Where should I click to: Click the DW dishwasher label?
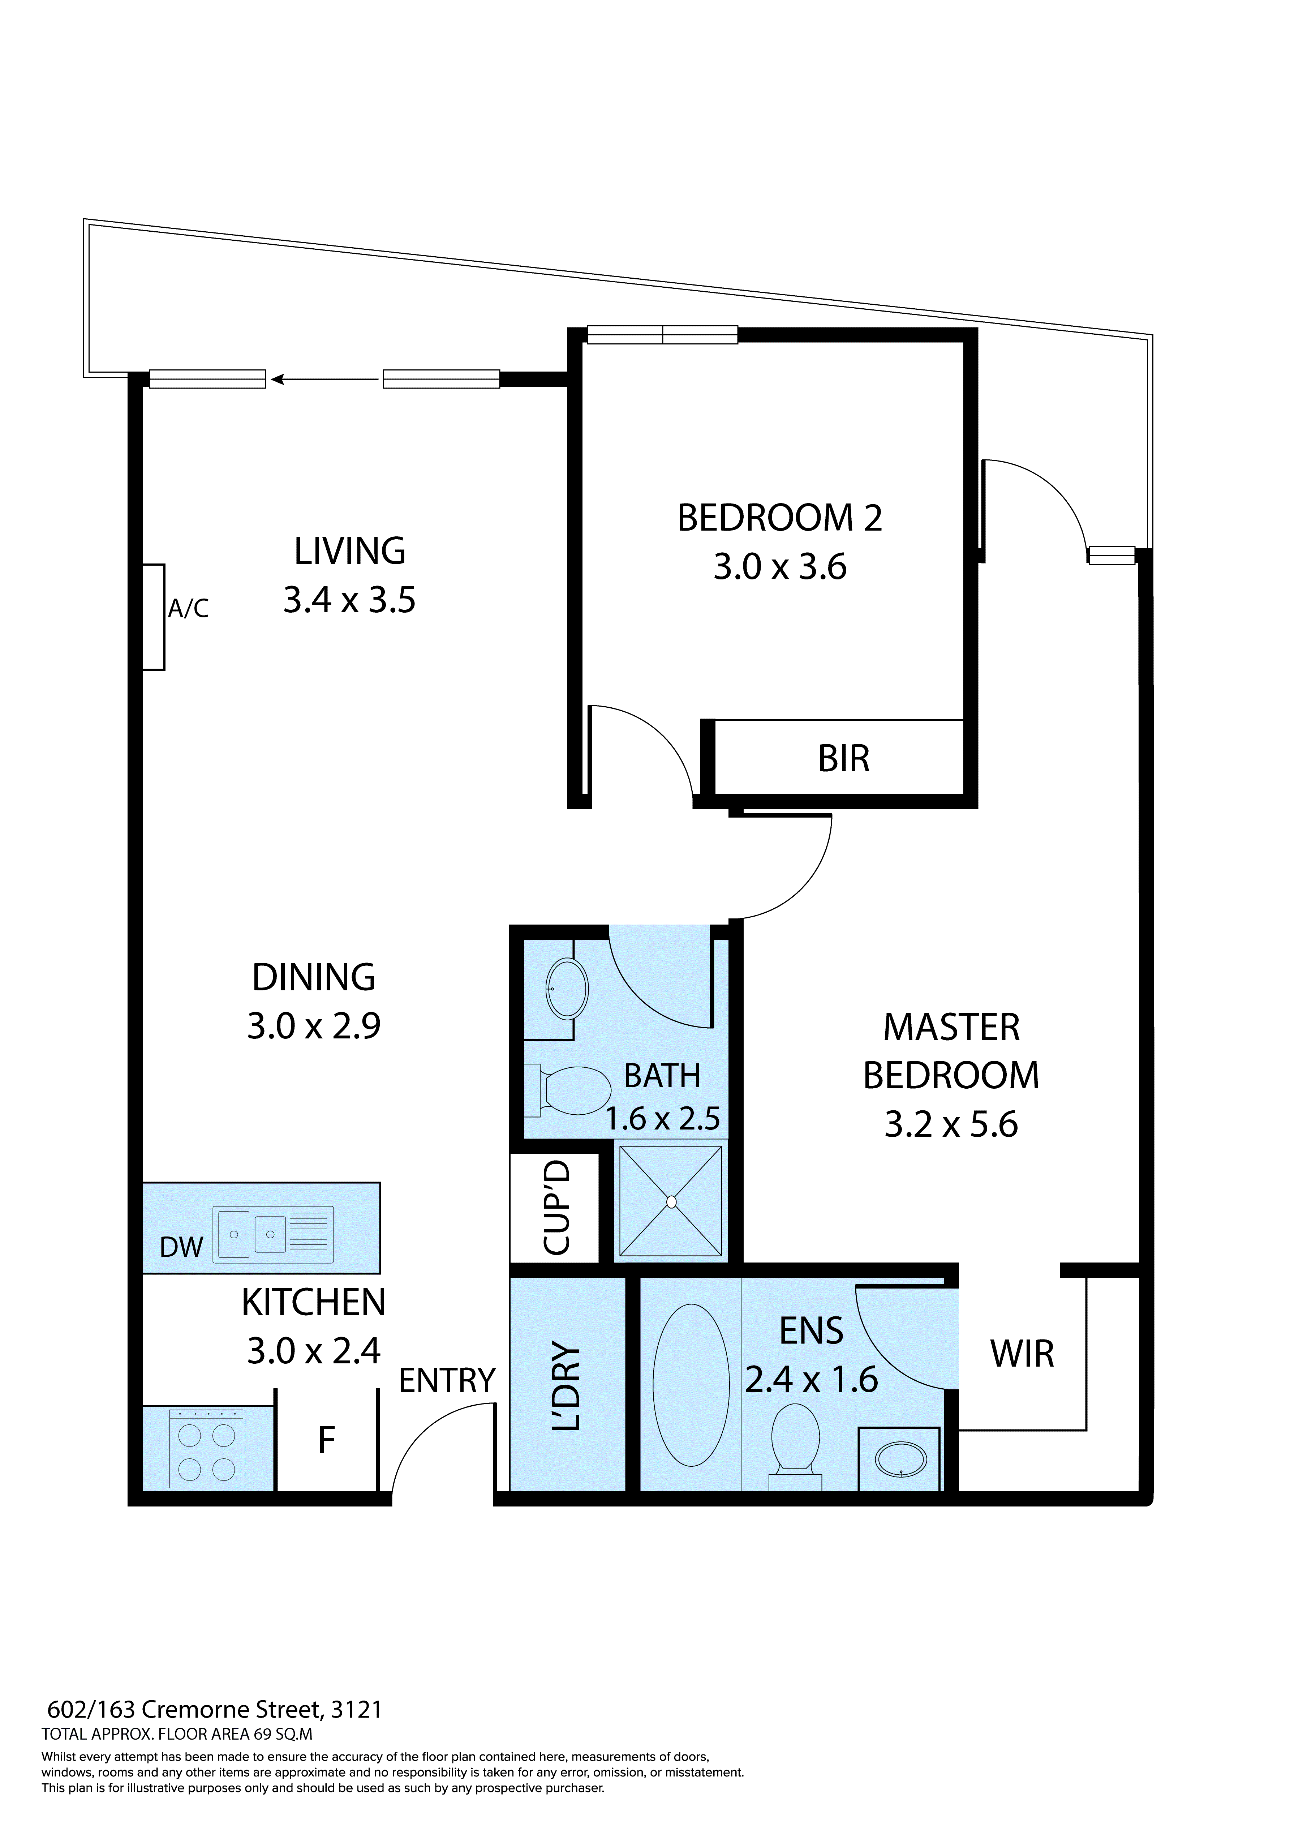click(x=181, y=1247)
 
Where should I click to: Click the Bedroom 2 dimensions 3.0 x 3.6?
click(x=779, y=567)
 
